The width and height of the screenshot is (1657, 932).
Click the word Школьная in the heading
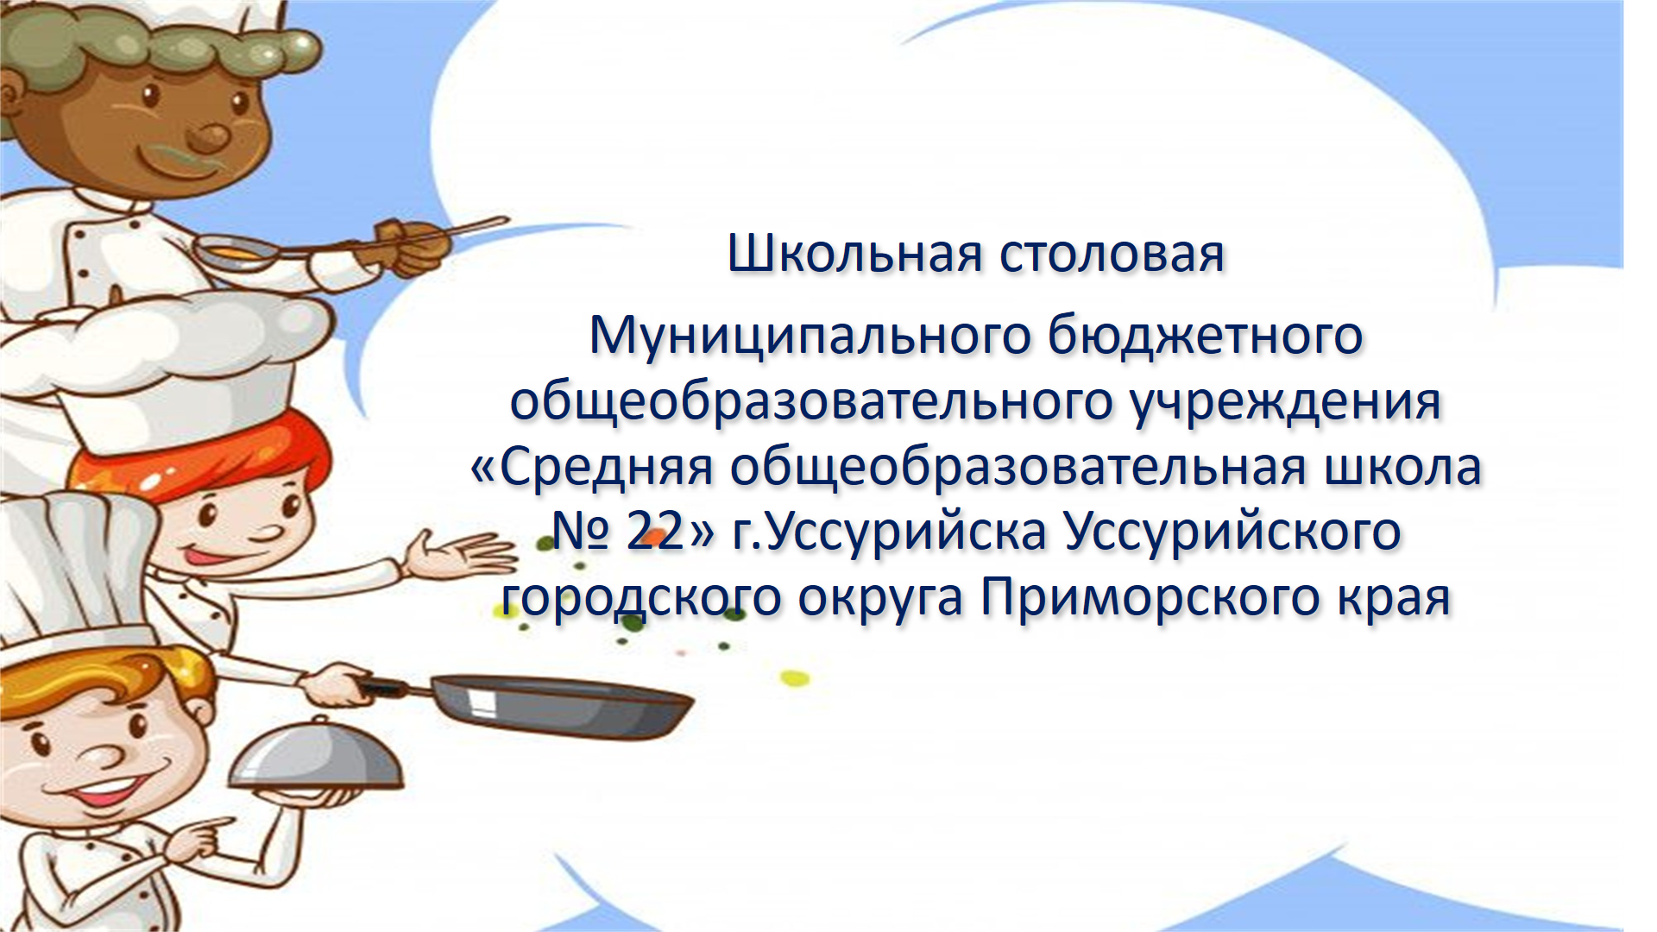[855, 254]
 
